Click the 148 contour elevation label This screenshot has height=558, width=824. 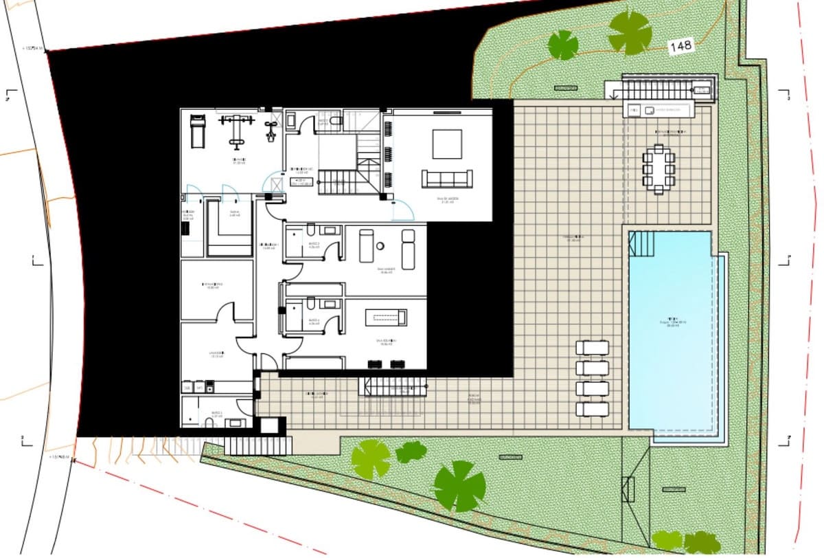(680, 46)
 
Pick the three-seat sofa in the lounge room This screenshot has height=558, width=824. (447, 179)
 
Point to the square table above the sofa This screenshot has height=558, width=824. (447, 144)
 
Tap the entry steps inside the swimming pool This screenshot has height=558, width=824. (643, 243)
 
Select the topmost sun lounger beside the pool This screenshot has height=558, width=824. (592, 348)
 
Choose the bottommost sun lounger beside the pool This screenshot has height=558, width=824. (592, 409)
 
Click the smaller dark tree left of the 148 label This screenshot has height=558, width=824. (563, 45)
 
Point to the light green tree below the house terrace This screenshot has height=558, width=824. (371, 458)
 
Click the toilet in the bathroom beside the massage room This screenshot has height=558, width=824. (311, 230)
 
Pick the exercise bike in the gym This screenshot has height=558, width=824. (271, 130)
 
